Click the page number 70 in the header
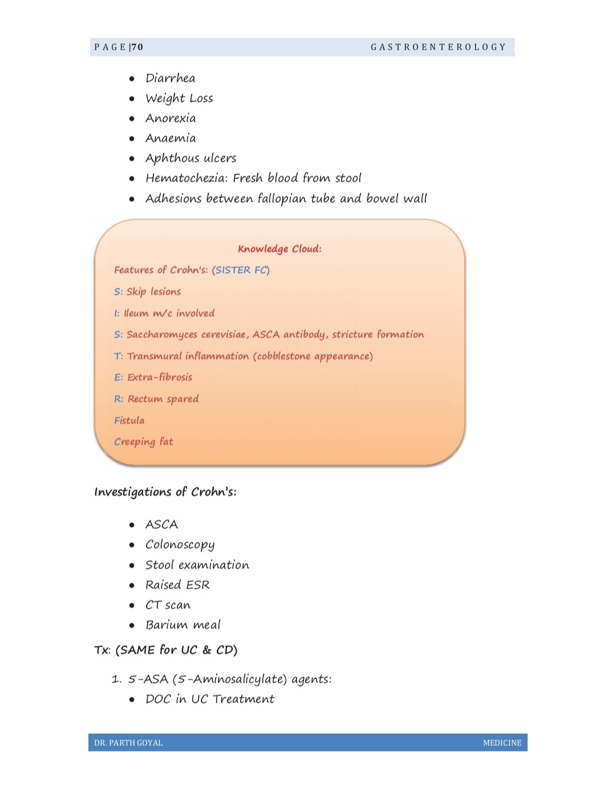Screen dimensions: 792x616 pyautogui.click(x=137, y=47)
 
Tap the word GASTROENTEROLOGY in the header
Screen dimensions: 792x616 pyautogui.click(x=438, y=47)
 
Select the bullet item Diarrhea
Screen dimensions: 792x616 pyautogui.click(x=170, y=78)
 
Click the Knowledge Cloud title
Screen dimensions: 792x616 pyautogui.click(x=279, y=249)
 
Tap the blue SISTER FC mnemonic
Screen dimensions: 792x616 pyautogui.click(x=241, y=270)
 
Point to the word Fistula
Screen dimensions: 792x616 pyautogui.click(x=129, y=421)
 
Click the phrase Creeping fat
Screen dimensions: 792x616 pyautogui.click(x=143, y=442)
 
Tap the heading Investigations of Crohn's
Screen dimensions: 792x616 pyautogui.click(x=165, y=492)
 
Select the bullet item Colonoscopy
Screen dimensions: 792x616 pyautogui.click(x=180, y=545)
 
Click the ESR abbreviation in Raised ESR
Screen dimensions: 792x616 pyautogui.click(x=197, y=585)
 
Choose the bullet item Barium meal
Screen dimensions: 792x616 pyautogui.click(x=183, y=625)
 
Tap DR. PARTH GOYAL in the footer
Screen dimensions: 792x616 pyautogui.click(x=128, y=743)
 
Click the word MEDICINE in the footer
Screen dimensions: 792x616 pyautogui.click(x=502, y=743)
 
